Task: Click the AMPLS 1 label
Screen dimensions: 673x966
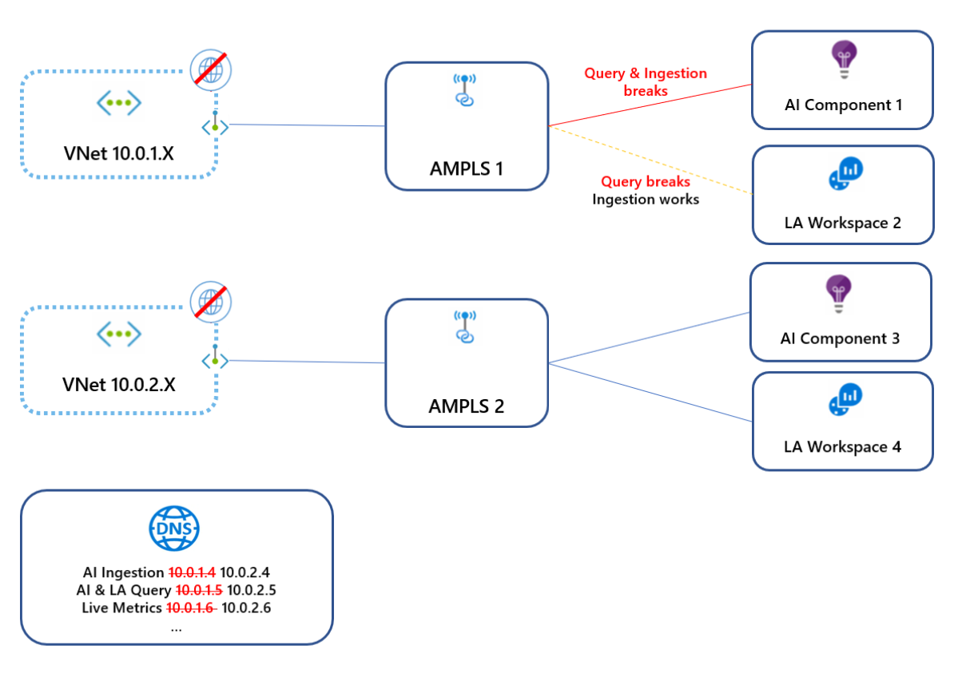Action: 467,168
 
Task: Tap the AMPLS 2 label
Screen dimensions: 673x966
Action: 467,406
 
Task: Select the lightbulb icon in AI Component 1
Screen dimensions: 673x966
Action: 842,60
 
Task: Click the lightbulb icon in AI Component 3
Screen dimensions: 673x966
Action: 841,294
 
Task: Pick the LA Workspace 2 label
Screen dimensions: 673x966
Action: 842,223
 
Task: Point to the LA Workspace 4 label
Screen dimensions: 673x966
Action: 842,446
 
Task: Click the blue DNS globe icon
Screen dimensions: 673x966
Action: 175,528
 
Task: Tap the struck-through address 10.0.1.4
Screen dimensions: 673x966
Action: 192,572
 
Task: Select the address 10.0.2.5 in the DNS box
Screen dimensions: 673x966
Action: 252,591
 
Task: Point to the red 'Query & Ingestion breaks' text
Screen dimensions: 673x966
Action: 646,81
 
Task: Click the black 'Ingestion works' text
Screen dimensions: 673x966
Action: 646,200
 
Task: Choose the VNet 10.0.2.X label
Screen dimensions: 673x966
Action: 118,385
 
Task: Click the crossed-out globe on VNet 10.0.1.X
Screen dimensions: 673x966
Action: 211,69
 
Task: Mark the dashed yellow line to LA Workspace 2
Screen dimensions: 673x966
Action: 651,160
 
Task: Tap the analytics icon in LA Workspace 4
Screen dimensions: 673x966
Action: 845,398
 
